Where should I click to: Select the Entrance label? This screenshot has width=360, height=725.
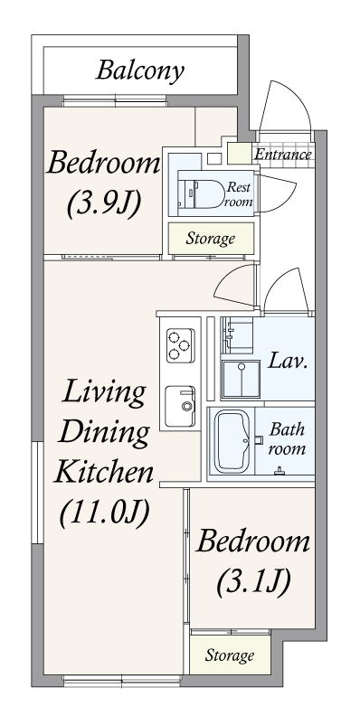[x=283, y=154]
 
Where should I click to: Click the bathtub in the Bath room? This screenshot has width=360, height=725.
[x=232, y=441]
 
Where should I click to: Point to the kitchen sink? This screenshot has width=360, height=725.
[x=180, y=407]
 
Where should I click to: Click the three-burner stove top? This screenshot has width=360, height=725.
[x=181, y=345]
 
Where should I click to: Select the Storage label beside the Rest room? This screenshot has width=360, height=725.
[x=211, y=239]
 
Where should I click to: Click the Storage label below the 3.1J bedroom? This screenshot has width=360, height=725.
[x=230, y=654]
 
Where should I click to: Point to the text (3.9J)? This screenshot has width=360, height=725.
[x=104, y=203]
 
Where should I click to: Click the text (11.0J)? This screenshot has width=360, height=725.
[x=105, y=513]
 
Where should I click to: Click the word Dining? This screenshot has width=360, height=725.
[x=104, y=432]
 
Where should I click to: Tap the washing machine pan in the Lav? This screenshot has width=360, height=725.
[x=241, y=379]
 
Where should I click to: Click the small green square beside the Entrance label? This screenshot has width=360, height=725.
[x=241, y=154]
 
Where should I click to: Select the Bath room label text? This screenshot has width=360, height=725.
[x=288, y=438]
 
